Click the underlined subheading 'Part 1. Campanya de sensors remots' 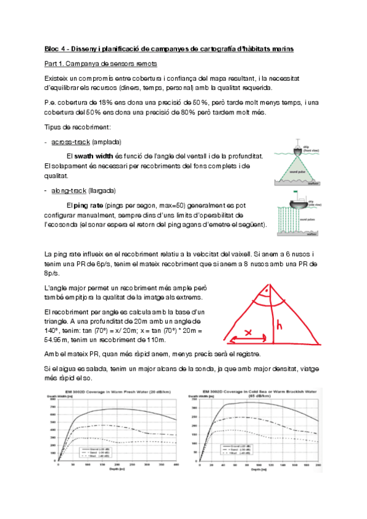(x=101, y=63)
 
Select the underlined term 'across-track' (x=70, y=141)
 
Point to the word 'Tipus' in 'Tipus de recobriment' (x=54, y=127)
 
